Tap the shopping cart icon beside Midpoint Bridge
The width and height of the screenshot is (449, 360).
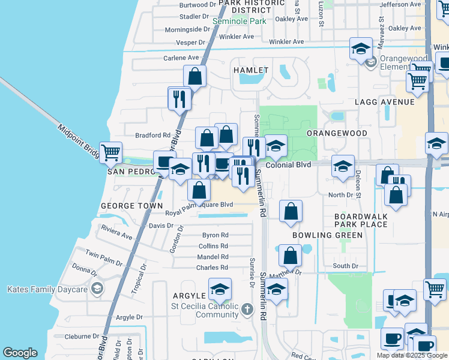pyautogui.click(x=110, y=153)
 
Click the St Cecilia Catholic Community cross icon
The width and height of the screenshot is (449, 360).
pyautogui.click(x=247, y=310)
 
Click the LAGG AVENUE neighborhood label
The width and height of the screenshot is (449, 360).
pyautogui.click(x=385, y=102)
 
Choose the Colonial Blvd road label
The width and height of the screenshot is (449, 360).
pyautogui.click(x=288, y=165)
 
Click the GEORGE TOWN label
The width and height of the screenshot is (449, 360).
pyautogui.click(x=131, y=205)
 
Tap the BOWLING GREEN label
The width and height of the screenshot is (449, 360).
pyautogui.click(x=327, y=235)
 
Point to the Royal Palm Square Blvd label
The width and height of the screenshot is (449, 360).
pyautogui.click(x=199, y=205)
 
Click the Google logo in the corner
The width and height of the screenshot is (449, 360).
pyautogui.click(x=20, y=353)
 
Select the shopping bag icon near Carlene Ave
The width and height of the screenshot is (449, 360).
pyautogui.click(x=194, y=76)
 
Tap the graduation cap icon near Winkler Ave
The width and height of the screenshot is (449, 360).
pyautogui.click(x=360, y=49)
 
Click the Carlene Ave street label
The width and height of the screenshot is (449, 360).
pyautogui.click(x=181, y=58)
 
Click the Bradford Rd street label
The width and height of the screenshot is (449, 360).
pyautogui.click(x=153, y=136)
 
